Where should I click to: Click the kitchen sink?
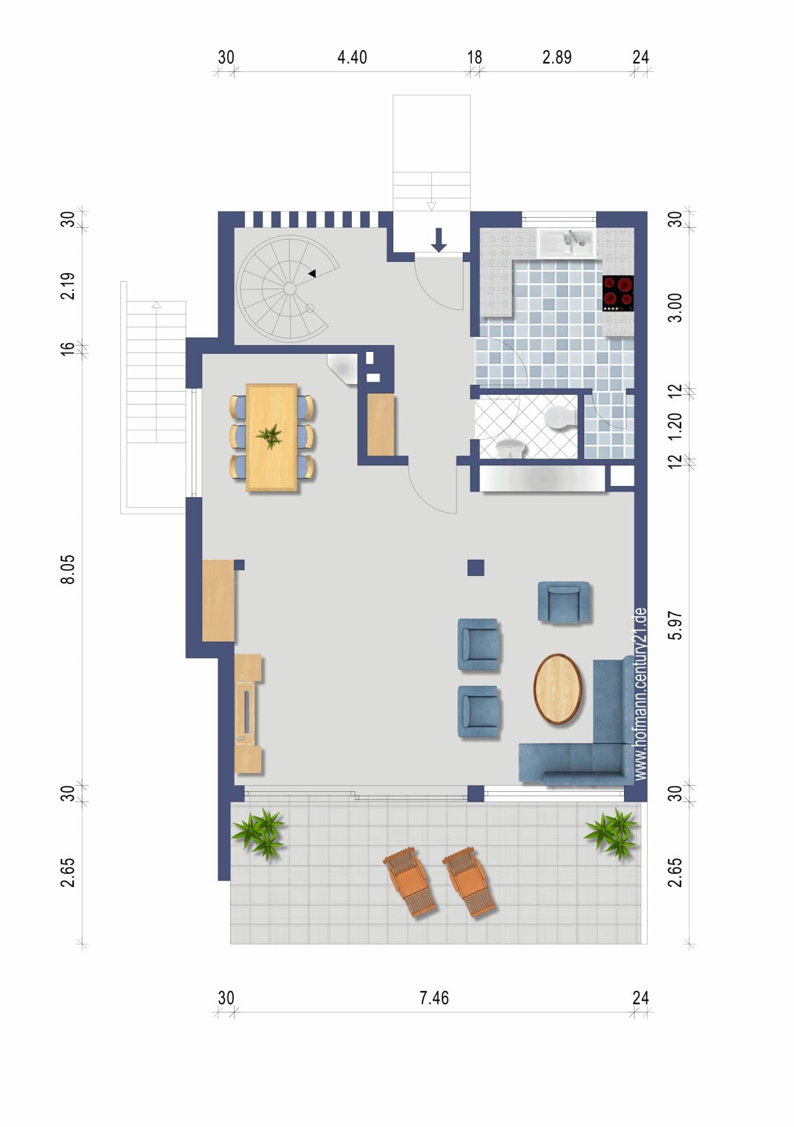(x=566, y=243)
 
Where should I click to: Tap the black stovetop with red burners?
(x=618, y=293)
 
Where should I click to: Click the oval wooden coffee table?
(x=558, y=689)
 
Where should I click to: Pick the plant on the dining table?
(x=270, y=437)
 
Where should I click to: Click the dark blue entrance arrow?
(x=439, y=240)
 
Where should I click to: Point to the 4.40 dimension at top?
(x=352, y=58)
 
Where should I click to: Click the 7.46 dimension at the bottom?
(x=434, y=998)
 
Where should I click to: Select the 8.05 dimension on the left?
(x=68, y=569)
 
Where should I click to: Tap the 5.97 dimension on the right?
(x=676, y=625)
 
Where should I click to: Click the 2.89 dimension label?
(x=556, y=58)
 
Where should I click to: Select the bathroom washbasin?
(x=511, y=447)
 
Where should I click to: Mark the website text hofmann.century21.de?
(x=641, y=693)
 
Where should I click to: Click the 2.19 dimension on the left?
(x=68, y=285)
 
